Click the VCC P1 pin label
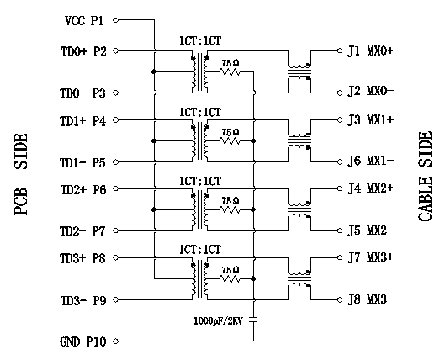pyautogui.click(x=85, y=21)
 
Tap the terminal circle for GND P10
pyautogui.click(x=115, y=341)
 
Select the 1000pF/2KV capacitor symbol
pyautogui.click(x=253, y=320)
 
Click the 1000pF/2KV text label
pyautogui.click(x=218, y=321)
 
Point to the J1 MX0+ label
pyautogui.click(x=371, y=50)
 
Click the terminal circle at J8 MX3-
pyautogui.click(x=340, y=299)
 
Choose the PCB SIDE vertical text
pyautogui.click(x=21, y=174)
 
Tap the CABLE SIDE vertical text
pyautogui.click(x=425, y=176)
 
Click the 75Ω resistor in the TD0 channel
pyautogui.click(x=230, y=72)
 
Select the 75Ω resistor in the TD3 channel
pyautogui.click(x=230, y=279)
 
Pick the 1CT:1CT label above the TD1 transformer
pyautogui.click(x=200, y=113)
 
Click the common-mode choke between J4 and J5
pyautogui.click(x=299, y=210)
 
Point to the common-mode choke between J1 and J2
pyautogui.click(x=299, y=72)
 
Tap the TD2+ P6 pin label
pyautogui.click(x=83, y=190)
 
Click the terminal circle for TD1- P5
pyautogui.click(x=115, y=162)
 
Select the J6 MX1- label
pyautogui.click(x=371, y=161)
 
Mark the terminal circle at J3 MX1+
pyautogui.click(x=340, y=120)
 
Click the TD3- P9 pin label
pyautogui.click(x=83, y=300)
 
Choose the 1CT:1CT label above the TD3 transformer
pyautogui.click(x=200, y=250)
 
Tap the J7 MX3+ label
pyautogui.click(x=371, y=257)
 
